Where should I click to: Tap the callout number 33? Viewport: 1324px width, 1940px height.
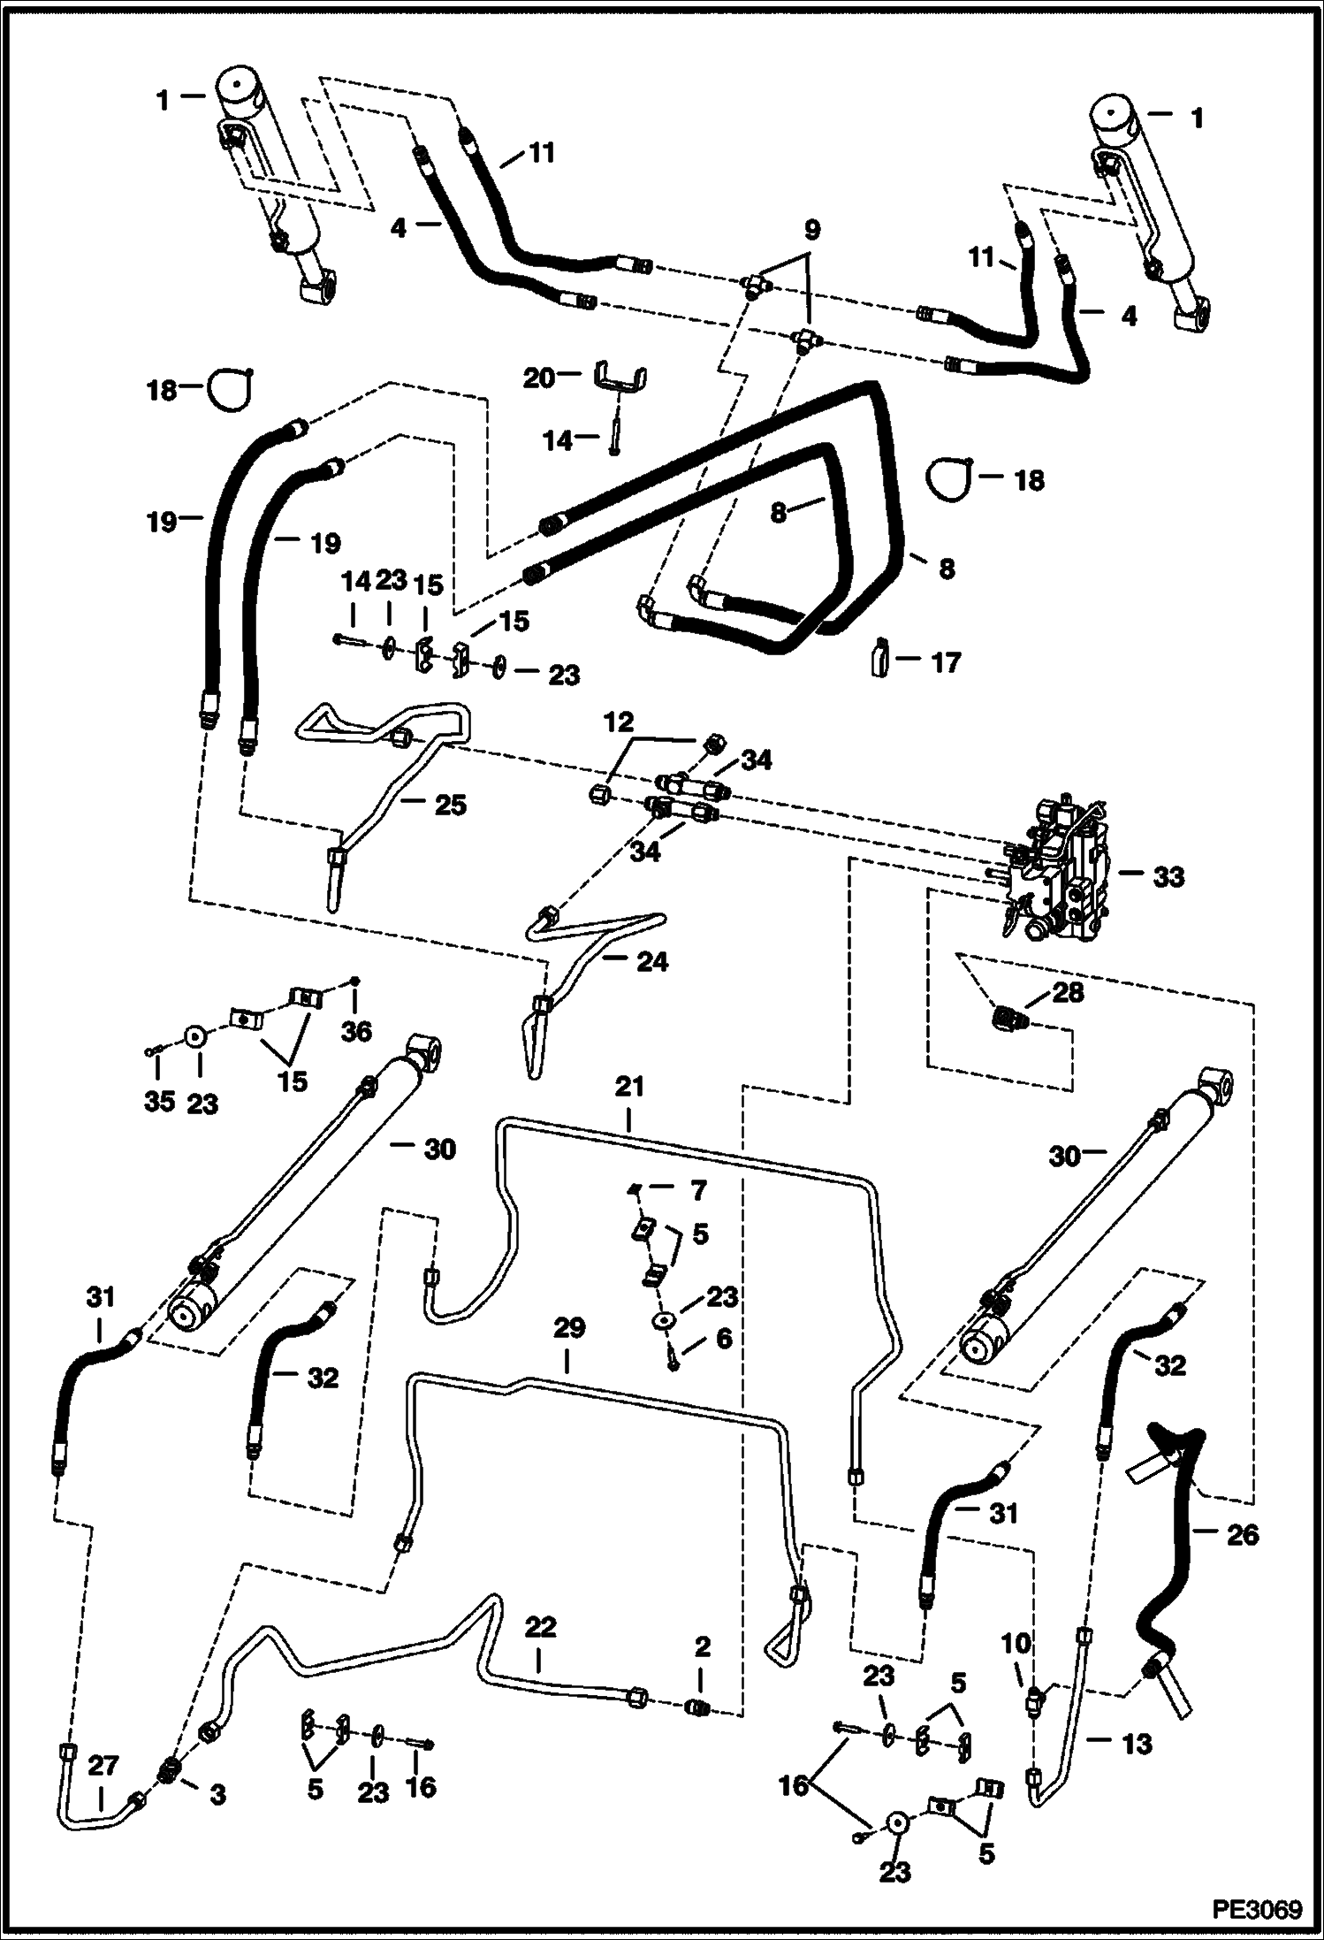click(1168, 877)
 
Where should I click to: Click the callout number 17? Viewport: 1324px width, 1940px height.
click(945, 662)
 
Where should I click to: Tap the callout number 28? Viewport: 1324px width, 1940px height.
click(1068, 993)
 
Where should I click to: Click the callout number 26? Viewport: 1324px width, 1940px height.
click(1242, 1535)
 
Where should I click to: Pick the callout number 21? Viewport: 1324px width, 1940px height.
click(629, 1086)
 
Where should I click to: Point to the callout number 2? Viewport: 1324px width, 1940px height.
click(703, 1646)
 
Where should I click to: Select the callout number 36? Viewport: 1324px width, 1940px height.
click(356, 1031)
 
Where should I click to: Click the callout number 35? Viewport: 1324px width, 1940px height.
click(159, 1103)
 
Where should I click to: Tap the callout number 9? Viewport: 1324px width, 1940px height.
click(811, 231)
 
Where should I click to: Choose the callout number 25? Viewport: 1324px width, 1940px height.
click(449, 805)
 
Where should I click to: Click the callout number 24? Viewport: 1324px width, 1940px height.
click(651, 961)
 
